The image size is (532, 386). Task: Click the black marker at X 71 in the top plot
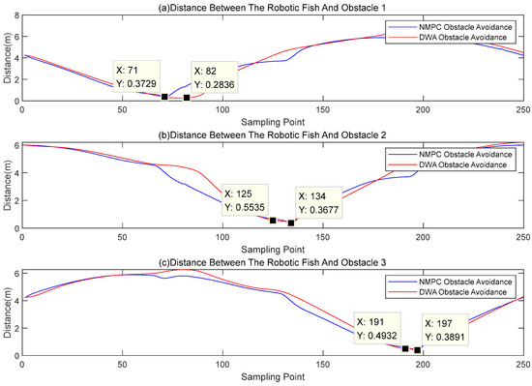tap(164, 97)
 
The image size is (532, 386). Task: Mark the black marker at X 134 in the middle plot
tap(290, 223)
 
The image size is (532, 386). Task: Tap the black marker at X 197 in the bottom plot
tap(417, 350)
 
